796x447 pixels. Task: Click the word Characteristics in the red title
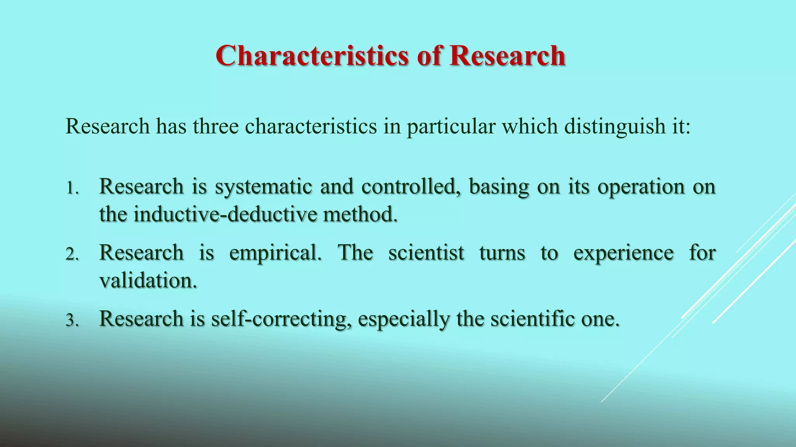click(x=312, y=56)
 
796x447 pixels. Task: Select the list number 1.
click(x=72, y=189)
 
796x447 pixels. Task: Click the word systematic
click(x=264, y=187)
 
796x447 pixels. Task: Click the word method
click(x=360, y=214)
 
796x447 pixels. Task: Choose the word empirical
click(x=276, y=253)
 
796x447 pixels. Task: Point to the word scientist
click(x=426, y=253)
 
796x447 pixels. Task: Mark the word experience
click(x=623, y=253)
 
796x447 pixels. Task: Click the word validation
click(x=148, y=281)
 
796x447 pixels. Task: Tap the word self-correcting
click(x=279, y=319)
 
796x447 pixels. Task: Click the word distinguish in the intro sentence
click(x=615, y=126)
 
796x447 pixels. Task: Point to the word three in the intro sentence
click(x=216, y=126)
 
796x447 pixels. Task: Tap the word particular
click(x=451, y=126)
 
